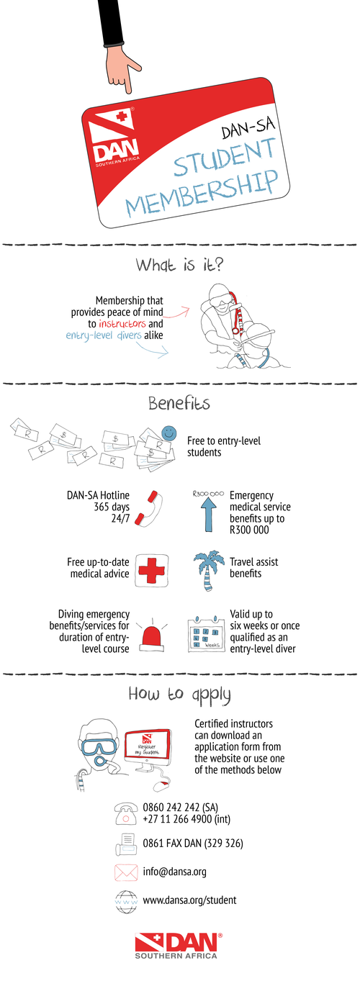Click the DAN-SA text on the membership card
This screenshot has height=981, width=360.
point(248,127)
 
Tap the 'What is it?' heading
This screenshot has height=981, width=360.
point(179,265)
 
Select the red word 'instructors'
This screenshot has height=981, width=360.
point(122,324)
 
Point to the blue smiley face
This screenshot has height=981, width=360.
point(168,433)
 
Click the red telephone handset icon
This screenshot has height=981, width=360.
point(148,508)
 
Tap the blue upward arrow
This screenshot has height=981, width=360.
point(209,515)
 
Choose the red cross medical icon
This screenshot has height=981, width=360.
point(151,570)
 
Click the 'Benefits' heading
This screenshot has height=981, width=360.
point(179,403)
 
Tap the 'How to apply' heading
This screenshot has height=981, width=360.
point(179,695)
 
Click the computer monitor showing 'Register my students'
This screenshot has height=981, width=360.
point(148,750)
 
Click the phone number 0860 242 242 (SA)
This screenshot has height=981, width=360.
point(181,807)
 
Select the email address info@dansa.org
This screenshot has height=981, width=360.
point(175,871)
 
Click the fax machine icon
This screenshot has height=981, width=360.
point(127,844)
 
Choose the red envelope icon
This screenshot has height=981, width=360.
point(126,872)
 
